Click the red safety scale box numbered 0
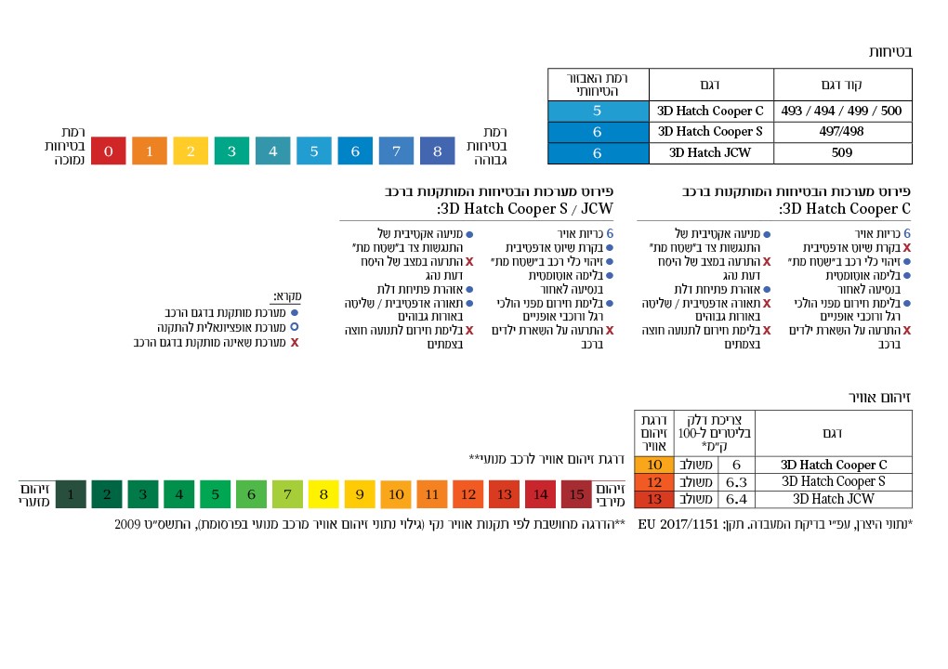click(109, 151)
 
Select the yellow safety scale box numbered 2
click(191, 151)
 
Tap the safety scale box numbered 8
click(437, 151)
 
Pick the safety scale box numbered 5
click(314, 151)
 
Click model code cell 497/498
click(842, 132)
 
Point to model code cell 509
click(842, 153)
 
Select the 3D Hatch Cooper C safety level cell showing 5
click(598, 111)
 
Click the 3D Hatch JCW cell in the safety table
click(710, 153)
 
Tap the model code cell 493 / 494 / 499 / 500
click(842, 111)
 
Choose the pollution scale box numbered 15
click(576, 494)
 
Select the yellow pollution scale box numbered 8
click(323, 494)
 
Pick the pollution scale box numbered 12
click(468, 494)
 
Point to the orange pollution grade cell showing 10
click(654, 465)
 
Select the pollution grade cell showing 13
click(654, 499)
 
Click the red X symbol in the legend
click(295, 342)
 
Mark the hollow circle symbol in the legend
click(295, 327)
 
